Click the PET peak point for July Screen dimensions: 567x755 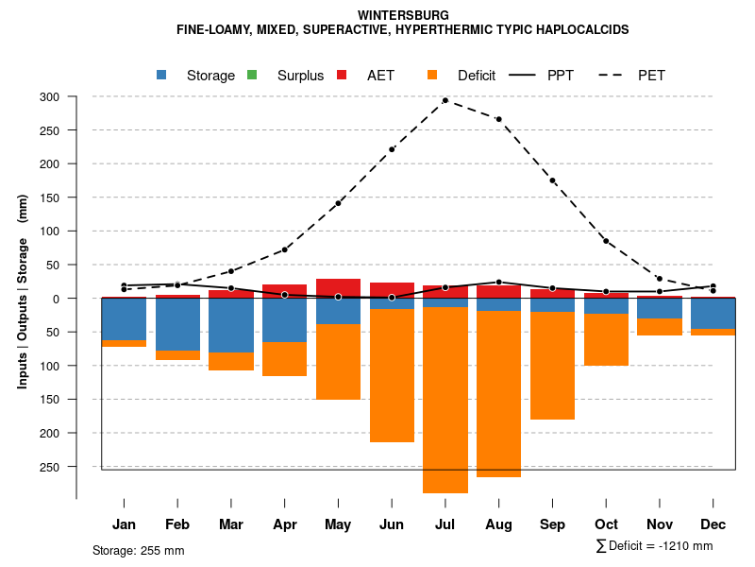point(445,100)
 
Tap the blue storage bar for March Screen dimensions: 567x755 point(231,325)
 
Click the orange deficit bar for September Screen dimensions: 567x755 point(552,365)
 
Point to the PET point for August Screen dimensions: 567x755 point(498,119)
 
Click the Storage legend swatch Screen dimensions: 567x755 point(161,75)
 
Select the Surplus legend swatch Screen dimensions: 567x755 point(252,75)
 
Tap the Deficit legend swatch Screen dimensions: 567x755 point(432,75)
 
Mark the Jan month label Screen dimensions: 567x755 point(125,524)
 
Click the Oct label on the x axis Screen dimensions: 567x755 point(606,524)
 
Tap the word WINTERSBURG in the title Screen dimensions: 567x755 point(403,15)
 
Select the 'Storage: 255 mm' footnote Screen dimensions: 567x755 point(138,550)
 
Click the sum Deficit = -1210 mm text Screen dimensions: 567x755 point(655,545)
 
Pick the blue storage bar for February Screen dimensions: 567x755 point(177,324)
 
